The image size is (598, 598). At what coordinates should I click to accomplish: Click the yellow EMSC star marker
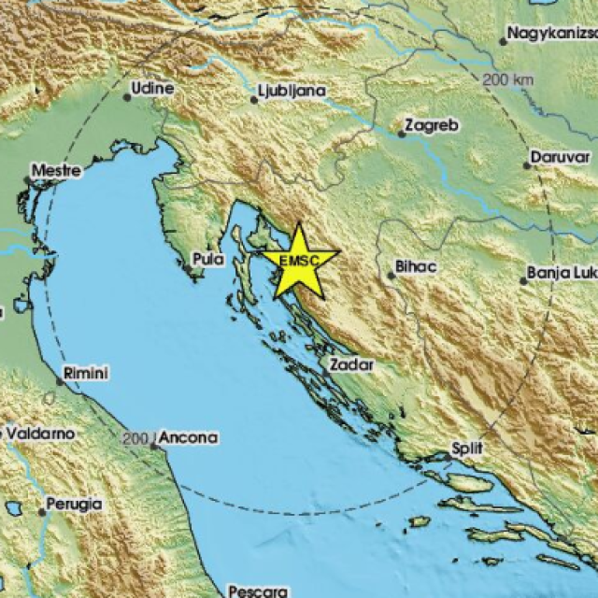tap(298, 259)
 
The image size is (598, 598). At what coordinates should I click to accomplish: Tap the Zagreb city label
tap(427, 124)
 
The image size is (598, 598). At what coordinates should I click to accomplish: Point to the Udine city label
tap(154, 87)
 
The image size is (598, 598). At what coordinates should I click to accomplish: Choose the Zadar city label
tap(352, 363)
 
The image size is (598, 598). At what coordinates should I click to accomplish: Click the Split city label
tap(467, 448)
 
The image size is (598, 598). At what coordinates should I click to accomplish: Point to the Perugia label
tap(76, 504)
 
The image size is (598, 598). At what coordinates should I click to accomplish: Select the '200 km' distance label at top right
tap(508, 79)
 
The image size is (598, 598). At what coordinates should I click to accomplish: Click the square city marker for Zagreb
tap(401, 134)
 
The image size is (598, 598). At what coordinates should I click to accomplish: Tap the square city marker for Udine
tap(128, 95)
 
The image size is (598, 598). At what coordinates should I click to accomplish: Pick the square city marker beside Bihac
tap(391, 275)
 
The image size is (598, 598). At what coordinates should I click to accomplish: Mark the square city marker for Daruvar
tap(527, 165)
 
